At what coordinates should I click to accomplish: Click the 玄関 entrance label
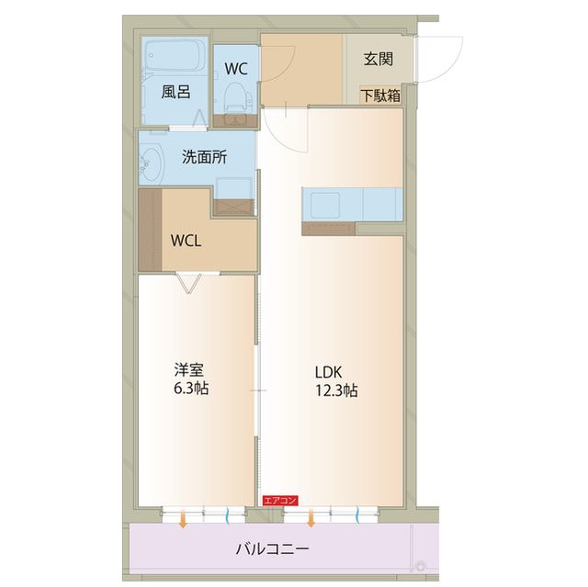pos(378,60)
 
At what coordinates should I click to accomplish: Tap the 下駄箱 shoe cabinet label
pos(379,94)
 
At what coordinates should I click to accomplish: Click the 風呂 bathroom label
pos(175,92)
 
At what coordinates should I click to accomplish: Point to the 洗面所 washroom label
pos(203,157)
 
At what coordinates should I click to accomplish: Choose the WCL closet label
pos(187,241)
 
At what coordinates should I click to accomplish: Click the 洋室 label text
pos(190,371)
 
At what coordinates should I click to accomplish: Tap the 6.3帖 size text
pos(190,389)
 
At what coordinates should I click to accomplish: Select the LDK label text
pos(328,372)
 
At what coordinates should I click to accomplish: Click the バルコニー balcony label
pos(272,549)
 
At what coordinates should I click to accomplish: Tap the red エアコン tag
pos(279,501)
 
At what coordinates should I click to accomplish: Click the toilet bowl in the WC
pos(236,96)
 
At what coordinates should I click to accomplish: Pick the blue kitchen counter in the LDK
pos(352,203)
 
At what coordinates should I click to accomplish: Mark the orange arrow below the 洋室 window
pos(183,521)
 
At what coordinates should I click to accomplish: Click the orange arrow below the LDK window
pos(311,521)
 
